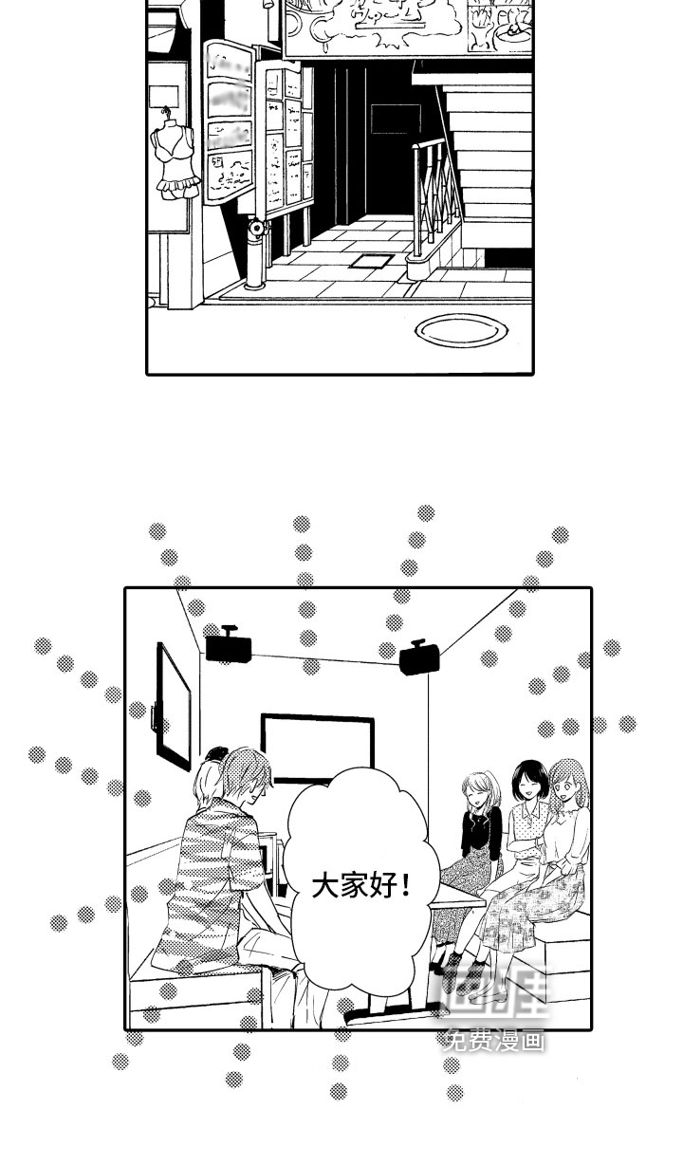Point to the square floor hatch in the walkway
[x=371, y=260]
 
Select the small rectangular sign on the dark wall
[x=395, y=119]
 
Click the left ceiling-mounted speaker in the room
[x=229, y=646]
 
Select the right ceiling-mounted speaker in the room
[x=418, y=656]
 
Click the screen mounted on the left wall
[x=174, y=704]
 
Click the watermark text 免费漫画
[x=494, y=1040]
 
